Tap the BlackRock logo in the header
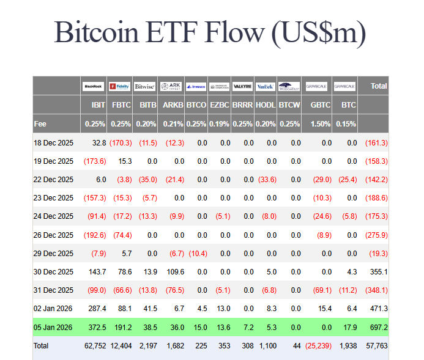[x=94, y=86]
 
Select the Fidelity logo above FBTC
[x=121, y=86]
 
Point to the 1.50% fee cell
[x=320, y=124]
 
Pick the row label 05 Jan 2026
[x=53, y=328]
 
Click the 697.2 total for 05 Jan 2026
[x=376, y=328]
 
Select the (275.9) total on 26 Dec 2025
[x=376, y=235]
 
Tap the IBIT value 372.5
[x=96, y=328]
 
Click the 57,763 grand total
[x=376, y=346]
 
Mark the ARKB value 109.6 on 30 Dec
[x=174, y=272]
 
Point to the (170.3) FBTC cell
[x=121, y=143]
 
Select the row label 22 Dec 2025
[x=53, y=180]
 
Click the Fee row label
[x=40, y=124]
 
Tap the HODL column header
[x=265, y=105]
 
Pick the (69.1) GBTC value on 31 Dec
[x=321, y=290]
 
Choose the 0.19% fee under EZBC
[x=220, y=124]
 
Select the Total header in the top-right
[x=378, y=86]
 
